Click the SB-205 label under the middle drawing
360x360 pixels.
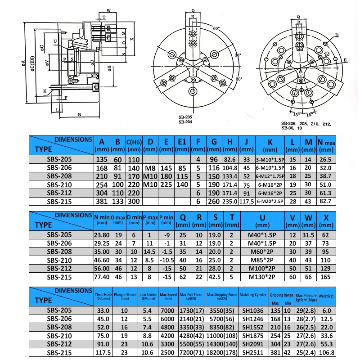click(x=185, y=117)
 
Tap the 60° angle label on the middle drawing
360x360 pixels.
click(x=216, y=28)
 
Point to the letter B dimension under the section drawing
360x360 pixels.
click(x=80, y=114)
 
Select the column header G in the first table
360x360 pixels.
click(x=214, y=142)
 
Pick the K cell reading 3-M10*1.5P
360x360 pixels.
click(x=270, y=159)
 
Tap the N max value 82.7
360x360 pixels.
click(x=326, y=202)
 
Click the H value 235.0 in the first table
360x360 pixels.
click(x=230, y=202)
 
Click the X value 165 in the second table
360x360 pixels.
click(x=326, y=276)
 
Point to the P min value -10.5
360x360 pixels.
click(x=166, y=260)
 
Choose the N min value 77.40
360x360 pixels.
click(x=102, y=276)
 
